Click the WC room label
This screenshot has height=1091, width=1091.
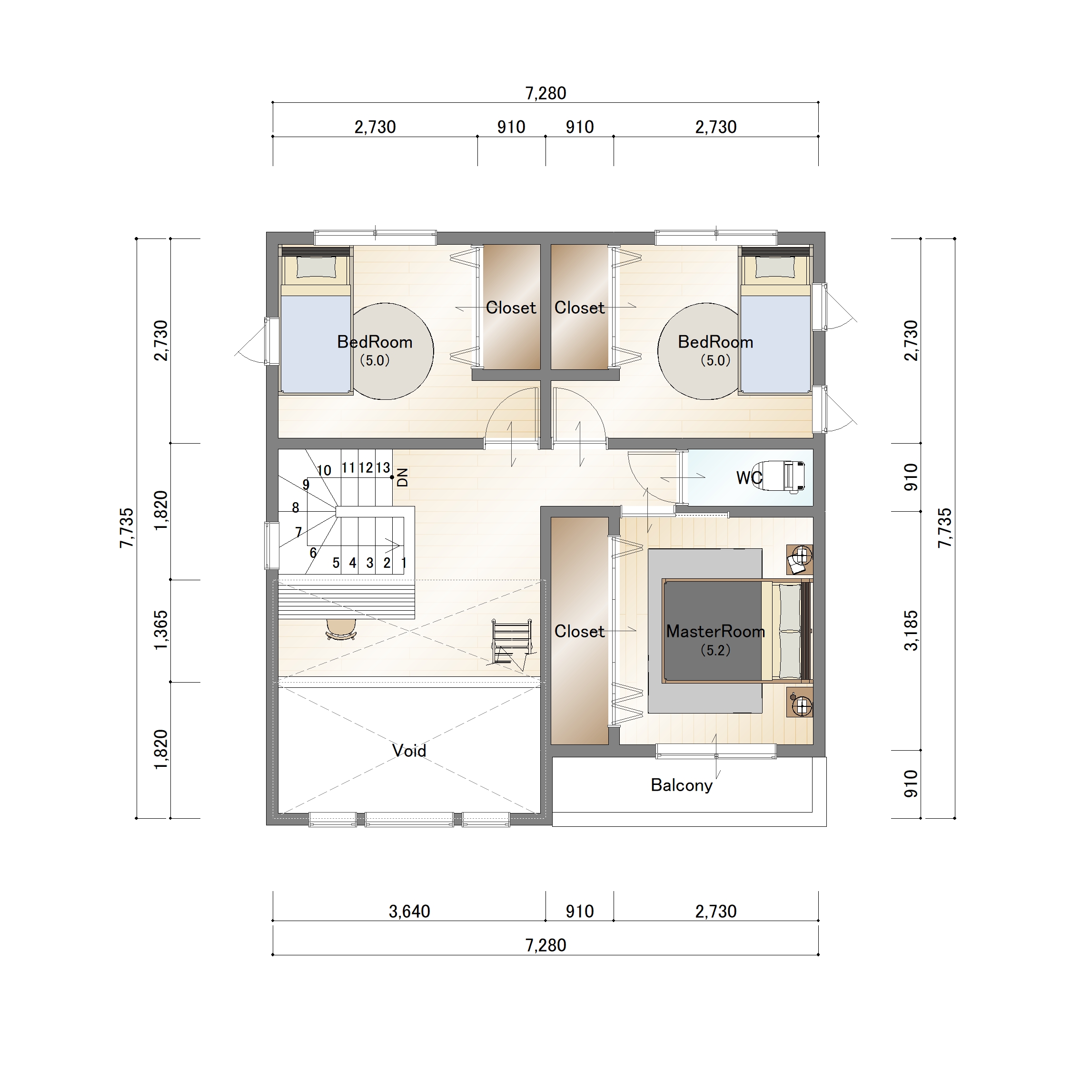click(749, 478)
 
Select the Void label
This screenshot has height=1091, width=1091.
click(409, 751)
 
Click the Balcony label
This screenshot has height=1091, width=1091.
click(682, 785)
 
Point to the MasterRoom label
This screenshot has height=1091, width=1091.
click(715, 631)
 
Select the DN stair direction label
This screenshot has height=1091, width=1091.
click(403, 477)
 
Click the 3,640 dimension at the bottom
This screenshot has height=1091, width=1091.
click(409, 912)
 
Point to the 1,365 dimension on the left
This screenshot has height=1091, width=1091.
click(161, 630)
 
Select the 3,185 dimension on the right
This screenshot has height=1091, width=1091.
click(911, 631)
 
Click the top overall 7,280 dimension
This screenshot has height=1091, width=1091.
click(545, 93)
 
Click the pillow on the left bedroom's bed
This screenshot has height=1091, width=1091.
click(316, 268)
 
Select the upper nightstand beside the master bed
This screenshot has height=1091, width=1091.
click(800, 559)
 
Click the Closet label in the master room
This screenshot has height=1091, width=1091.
click(579, 631)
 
